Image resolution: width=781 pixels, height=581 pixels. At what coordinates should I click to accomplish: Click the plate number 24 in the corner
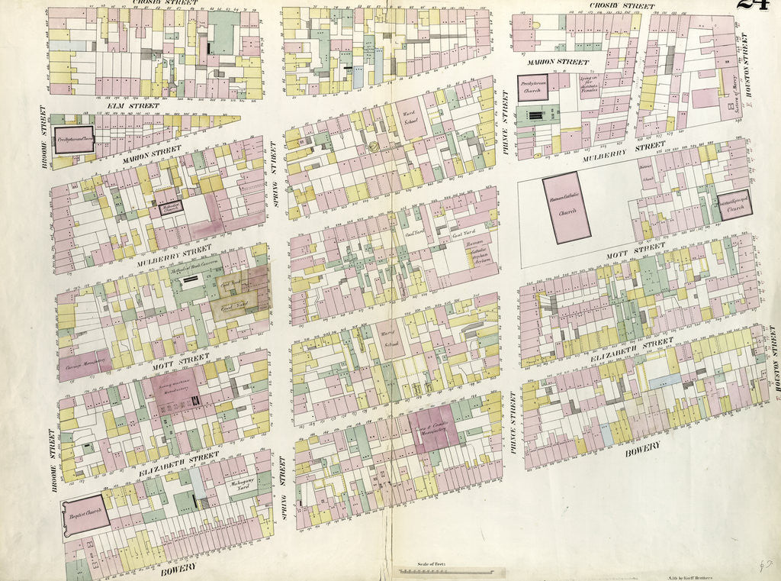point(754,6)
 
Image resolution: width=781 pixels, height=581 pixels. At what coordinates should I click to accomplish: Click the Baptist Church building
point(85,515)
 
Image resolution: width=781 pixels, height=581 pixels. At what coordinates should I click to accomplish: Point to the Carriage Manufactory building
point(84,365)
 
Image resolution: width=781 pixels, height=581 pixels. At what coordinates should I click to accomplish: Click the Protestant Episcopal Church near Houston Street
point(734,205)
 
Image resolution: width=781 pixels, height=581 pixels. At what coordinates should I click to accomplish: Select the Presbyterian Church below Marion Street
point(532,87)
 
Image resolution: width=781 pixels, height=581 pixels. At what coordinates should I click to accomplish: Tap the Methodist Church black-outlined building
point(170,206)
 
